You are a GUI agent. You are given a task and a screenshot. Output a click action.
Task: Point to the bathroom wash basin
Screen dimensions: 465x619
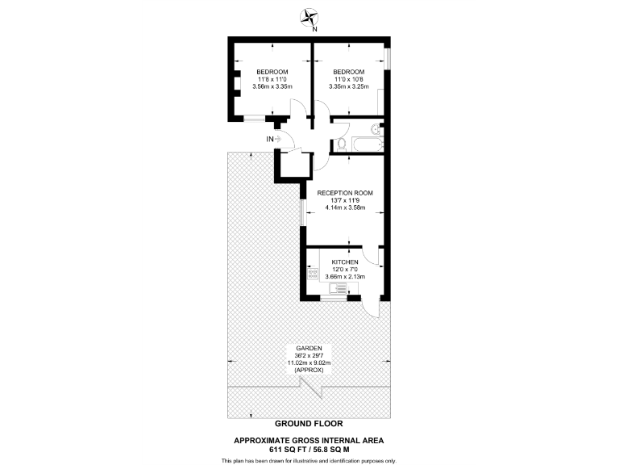coord(375,129)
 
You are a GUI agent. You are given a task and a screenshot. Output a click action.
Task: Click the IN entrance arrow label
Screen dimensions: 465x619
coord(272,139)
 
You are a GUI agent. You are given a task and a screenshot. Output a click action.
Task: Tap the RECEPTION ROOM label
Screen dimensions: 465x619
coord(345,193)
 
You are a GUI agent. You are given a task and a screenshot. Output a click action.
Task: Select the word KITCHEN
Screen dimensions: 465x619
coord(345,262)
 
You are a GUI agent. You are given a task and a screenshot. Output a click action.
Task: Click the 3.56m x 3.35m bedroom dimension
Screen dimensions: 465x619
coord(272,87)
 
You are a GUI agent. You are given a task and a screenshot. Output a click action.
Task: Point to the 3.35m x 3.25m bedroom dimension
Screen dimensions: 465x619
coord(350,87)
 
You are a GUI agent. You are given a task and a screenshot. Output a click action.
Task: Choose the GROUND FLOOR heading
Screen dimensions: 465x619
coord(309,423)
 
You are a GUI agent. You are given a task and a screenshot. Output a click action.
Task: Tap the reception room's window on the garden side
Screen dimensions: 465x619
coord(303,212)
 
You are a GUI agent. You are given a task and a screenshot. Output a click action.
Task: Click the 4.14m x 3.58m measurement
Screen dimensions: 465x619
coord(345,207)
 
